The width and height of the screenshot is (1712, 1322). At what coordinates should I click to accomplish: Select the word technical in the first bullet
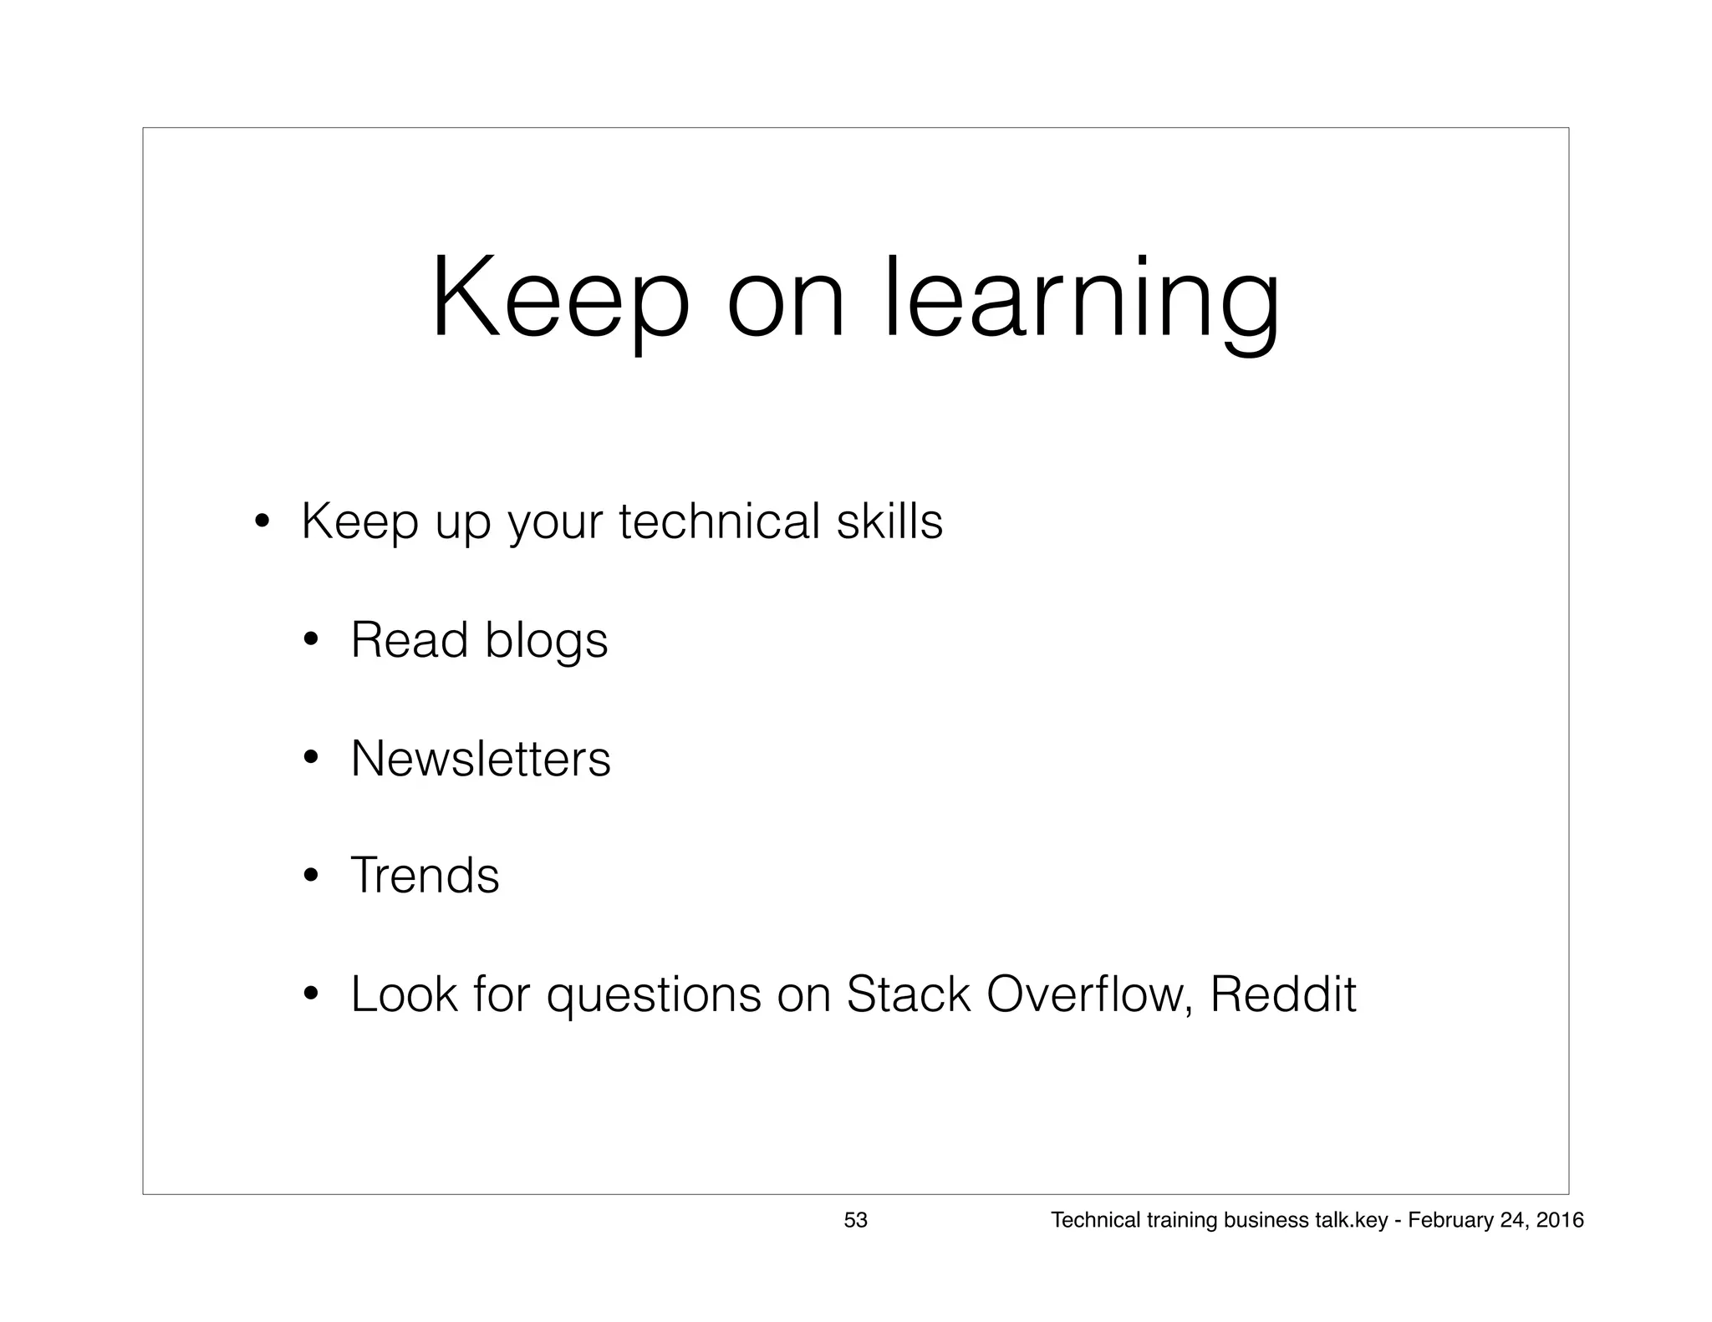[x=719, y=521]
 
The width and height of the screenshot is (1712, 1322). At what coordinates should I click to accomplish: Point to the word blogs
[x=546, y=642]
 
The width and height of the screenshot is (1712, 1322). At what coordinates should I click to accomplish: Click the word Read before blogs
[x=409, y=640]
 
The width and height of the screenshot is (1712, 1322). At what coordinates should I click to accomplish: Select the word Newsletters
[x=481, y=759]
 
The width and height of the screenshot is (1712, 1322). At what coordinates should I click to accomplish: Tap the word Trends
[x=425, y=876]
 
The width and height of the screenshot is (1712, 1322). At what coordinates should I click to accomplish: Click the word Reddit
[x=1282, y=994]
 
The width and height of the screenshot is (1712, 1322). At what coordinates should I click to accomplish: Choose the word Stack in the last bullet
[x=909, y=994]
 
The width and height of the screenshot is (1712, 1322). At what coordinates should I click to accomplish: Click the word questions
[x=654, y=996]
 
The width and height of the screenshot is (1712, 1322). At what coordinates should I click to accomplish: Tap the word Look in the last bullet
[x=404, y=994]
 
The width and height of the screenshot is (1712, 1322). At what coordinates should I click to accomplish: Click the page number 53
[x=855, y=1221]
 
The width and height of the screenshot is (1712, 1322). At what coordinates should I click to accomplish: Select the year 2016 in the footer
[x=1560, y=1221]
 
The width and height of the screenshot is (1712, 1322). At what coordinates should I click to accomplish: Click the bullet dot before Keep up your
[x=262, y=525]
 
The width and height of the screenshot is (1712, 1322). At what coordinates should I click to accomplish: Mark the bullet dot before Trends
[x=311, y=877]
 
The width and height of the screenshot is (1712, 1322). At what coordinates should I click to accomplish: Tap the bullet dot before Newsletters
[x=311, y=760]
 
